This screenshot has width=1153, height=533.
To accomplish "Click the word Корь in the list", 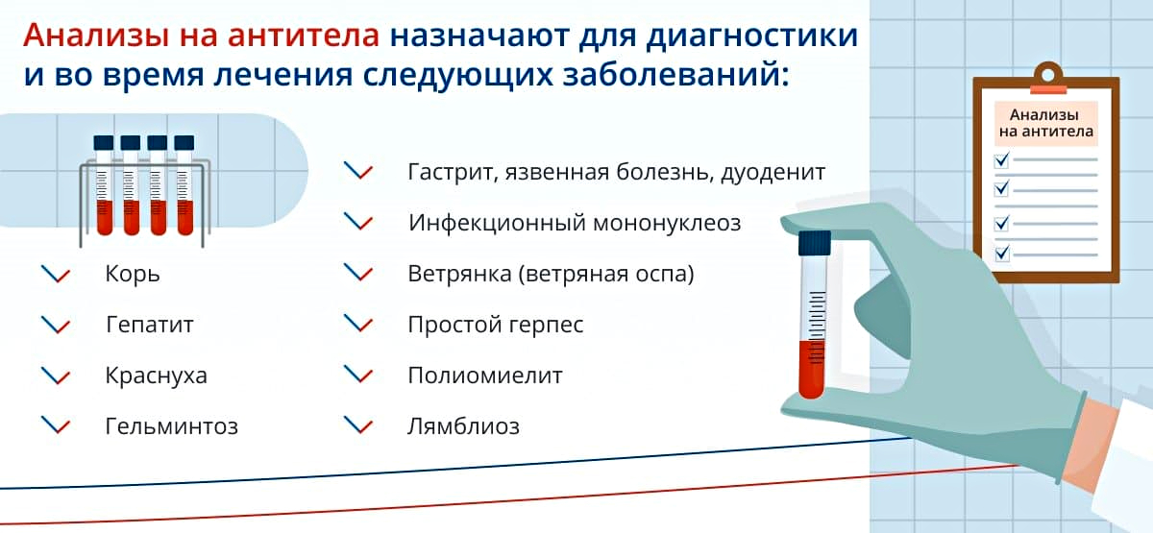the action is point(133,275).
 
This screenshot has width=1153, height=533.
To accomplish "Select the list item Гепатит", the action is point(149,325).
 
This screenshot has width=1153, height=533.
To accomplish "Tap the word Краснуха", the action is point(156,376).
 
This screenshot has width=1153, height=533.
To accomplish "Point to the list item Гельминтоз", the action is point(171,426).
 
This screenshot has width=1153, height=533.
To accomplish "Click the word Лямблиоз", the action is point(463,426).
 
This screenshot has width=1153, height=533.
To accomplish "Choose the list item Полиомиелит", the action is point(485,376).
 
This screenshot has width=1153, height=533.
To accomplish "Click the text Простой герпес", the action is point(496,326).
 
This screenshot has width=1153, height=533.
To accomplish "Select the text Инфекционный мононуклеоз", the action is point(575,223).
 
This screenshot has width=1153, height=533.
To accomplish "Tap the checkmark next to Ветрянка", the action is point(358,273).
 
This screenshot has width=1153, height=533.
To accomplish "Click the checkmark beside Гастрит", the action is point(358,171).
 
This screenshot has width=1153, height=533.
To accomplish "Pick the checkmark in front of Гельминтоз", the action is point(56,425).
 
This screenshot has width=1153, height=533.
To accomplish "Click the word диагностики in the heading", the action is point(751,36).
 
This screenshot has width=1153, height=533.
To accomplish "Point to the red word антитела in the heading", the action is point(304,36).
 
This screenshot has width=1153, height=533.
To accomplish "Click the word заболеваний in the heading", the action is point(675,75).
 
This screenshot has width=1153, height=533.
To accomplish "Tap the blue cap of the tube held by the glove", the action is point(815,243).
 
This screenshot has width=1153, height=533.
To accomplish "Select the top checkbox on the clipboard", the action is point(1001,160).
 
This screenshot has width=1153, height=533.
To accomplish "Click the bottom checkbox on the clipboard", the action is point(1001,254).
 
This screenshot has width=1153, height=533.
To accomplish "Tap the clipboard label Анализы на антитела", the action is point(1046,123).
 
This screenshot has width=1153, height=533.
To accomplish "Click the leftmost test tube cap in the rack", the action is point(104,142).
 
